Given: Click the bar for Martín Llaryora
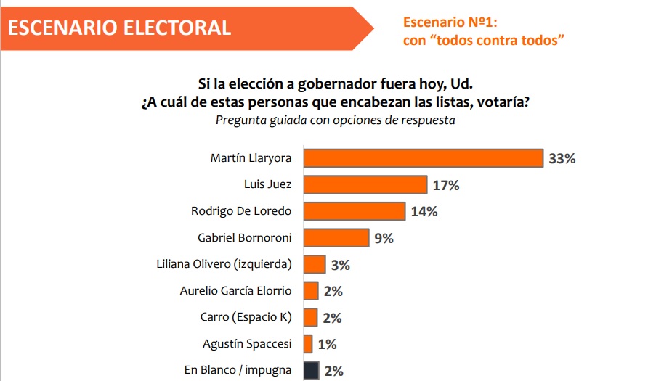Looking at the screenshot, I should pos(423,158).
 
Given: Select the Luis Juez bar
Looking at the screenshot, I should pos(365,184).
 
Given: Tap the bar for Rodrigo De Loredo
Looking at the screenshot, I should pos(354,211).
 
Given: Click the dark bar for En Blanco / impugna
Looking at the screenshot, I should pos(311,370).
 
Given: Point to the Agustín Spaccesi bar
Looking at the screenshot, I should pos(308,343).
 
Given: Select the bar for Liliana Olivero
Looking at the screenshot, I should pos(314,264).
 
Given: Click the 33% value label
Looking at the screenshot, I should pos(562,159).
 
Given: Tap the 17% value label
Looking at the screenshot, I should pos(446,185).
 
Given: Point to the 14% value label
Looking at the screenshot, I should pos(424,212).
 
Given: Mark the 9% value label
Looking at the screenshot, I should pos(384,238).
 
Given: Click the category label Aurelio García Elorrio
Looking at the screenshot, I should pos(235,291).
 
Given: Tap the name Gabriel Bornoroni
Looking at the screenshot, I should pos(244,237).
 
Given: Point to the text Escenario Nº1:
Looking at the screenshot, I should pos(450,22).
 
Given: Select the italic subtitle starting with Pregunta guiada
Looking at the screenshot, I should pos(335,120).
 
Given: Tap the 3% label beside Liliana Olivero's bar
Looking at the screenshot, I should pos(340,265).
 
